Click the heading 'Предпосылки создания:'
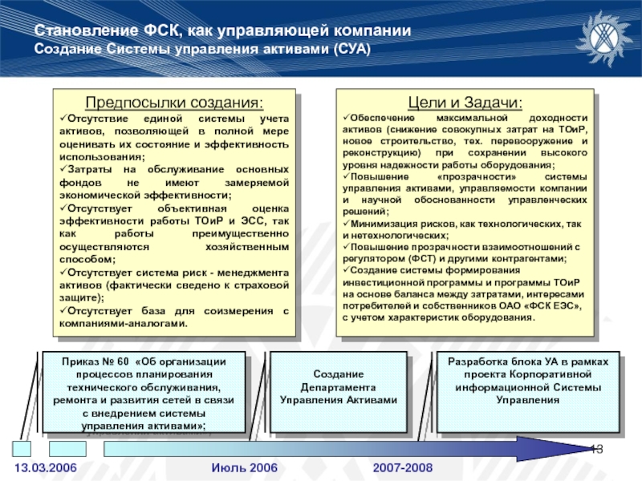[173, 103]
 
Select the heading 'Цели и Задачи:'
[465, 103]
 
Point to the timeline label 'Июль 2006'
[244, 467]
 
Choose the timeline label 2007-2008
[402, 467]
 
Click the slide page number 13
[596, 447]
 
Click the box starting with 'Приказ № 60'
[144, 394]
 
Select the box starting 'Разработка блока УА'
[527, 381]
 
